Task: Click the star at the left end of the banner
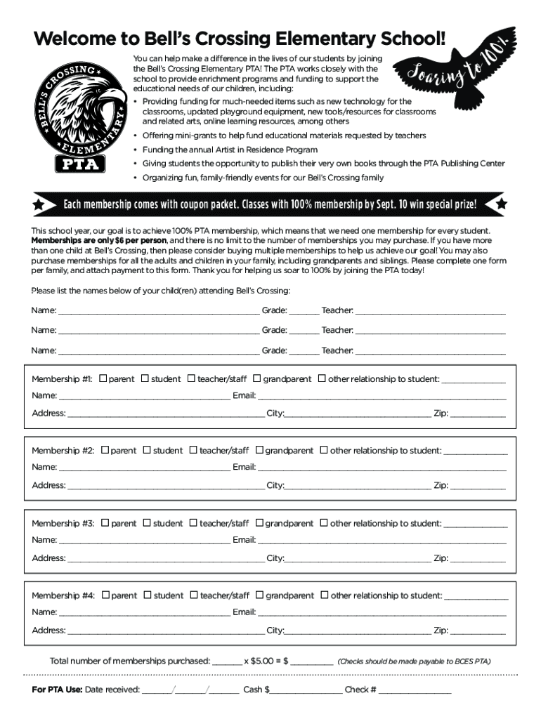pos(39,204)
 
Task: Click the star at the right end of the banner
pos(501,204)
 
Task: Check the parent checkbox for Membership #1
pos(103,379)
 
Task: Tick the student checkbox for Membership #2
pos(147,451)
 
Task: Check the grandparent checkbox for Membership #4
pos(259,595)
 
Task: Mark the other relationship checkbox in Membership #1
pos(322,379)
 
